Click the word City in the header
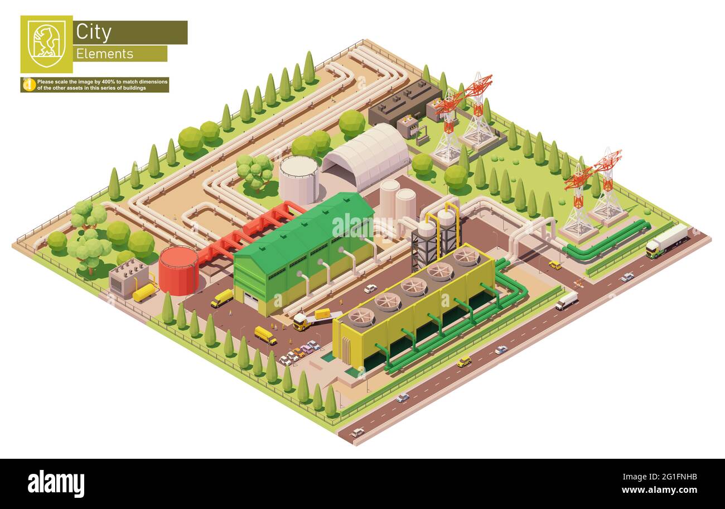pos(93,32)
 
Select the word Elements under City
pos(104,54)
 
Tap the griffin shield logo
pos(46,44)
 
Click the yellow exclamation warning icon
pos(29,85)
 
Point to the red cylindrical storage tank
pos(178,271)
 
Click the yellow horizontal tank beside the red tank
pos(144,292)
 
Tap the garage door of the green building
pos(252,302)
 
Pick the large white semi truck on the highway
pos(666,241)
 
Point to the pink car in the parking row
pos(306,349)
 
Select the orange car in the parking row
pos(299,352)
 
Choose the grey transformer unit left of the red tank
pos(128,277)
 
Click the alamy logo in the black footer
pos(56,483)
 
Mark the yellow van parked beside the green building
pos(222,298)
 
